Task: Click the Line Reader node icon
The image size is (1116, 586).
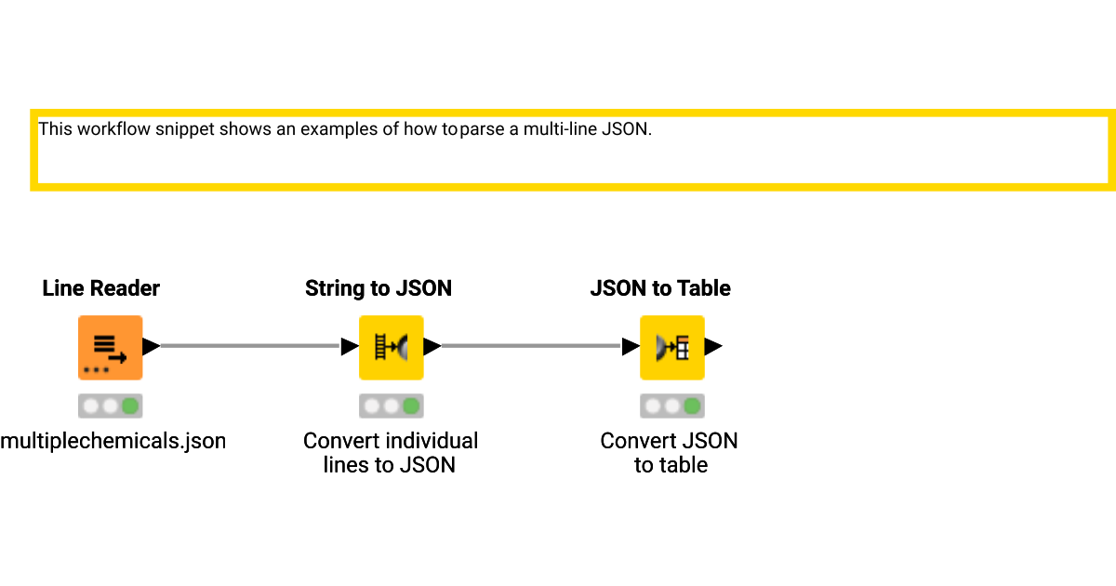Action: (x=110, y=347)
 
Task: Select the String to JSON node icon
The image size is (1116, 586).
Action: (x=391, y=347)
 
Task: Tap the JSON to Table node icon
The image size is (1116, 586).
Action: (x=671, y=347)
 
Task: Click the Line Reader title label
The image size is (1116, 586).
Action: (x=101, y=288)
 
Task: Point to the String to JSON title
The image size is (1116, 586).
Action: (x=379, y=288)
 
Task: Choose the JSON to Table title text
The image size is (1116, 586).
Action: (x=660, y=288)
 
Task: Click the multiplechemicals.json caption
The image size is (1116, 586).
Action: (x=113, y=440)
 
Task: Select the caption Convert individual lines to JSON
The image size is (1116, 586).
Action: (x=391, y=452)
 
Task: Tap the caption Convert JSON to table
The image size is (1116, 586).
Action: (x=670, y=452)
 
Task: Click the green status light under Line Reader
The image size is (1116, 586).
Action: (x=130, y=406)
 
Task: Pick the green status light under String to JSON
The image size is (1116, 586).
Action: (x=411, y=406)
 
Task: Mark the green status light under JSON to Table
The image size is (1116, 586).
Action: (x=692, y=406)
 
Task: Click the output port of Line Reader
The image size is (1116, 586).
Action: (x=151, y=347)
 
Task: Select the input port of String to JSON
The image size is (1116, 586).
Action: (x=350, y=347)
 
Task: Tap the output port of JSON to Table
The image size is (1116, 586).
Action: (x=713, y=347)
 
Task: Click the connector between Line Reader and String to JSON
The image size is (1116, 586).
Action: (x=249, y=346)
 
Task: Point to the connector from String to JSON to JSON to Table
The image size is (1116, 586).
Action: (x=530, y=346)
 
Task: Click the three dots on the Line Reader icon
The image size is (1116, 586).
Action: (x=96, y=369)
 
